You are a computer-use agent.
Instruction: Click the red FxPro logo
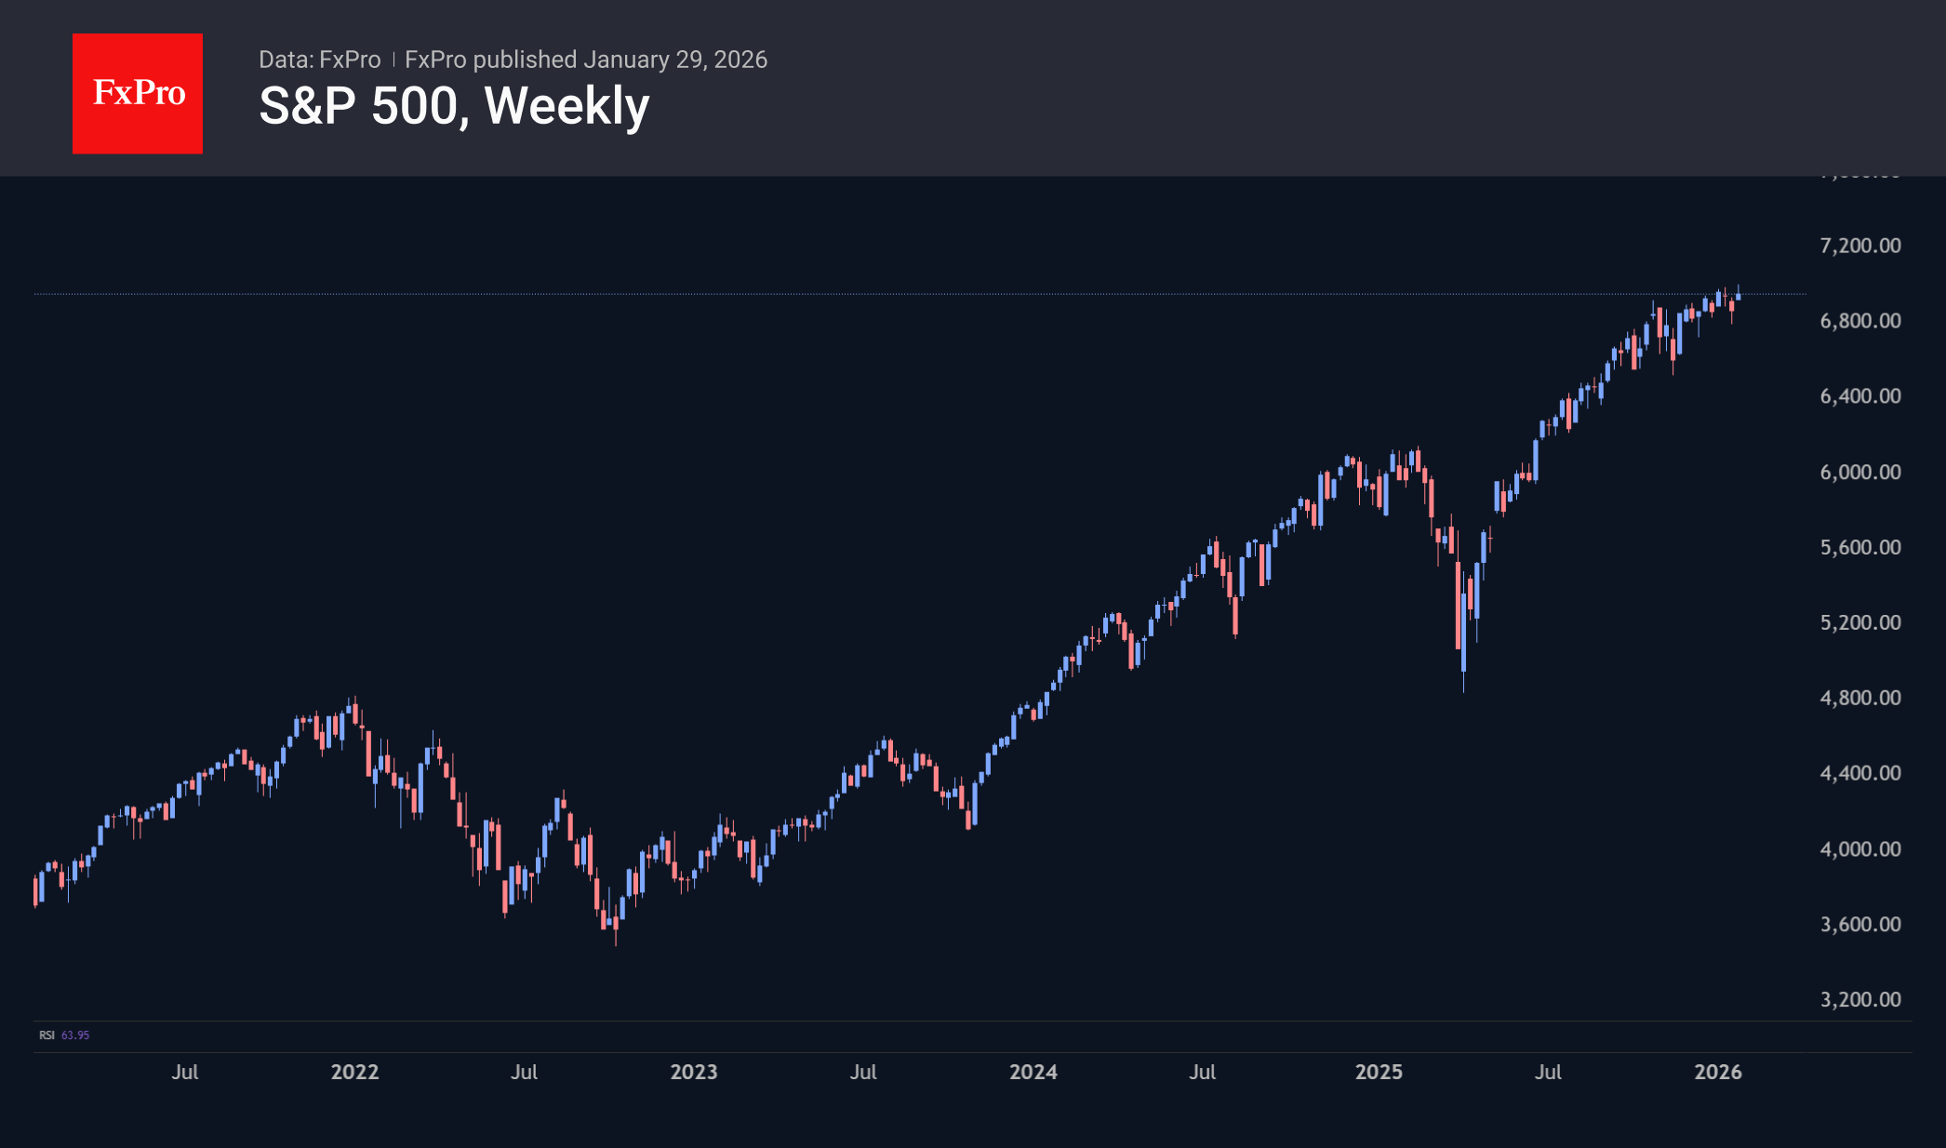click(x=138, y=93)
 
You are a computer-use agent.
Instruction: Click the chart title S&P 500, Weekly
click(x=454, y=106)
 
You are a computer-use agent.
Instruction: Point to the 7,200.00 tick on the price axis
click(x=1859, y=246)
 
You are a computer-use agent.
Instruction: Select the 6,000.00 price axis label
click(x=1859, y=472)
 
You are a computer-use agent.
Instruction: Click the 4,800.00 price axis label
click(x=1859, y=698)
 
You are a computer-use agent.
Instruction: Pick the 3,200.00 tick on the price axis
click(x=1859, y=999)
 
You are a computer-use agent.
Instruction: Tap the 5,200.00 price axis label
click(x=1859, y=622)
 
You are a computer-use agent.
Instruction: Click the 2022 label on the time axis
click(x=354, y=1072)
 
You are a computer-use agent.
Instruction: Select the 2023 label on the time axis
click(x=694, y=1072)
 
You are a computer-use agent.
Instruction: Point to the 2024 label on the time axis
click(x=1033, y=1072)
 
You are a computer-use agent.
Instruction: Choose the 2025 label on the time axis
click(x=1379, y=1072)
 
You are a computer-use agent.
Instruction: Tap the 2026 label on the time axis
click(x=1718, y=1072)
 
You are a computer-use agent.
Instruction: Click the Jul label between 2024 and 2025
click(x=1202, y=1072)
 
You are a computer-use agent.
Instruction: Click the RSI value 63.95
click(x=75, y=1035)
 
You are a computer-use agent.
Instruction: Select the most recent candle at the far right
click(x=1738, y=296)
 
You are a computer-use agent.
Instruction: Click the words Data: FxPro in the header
click(x=319, y=60)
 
